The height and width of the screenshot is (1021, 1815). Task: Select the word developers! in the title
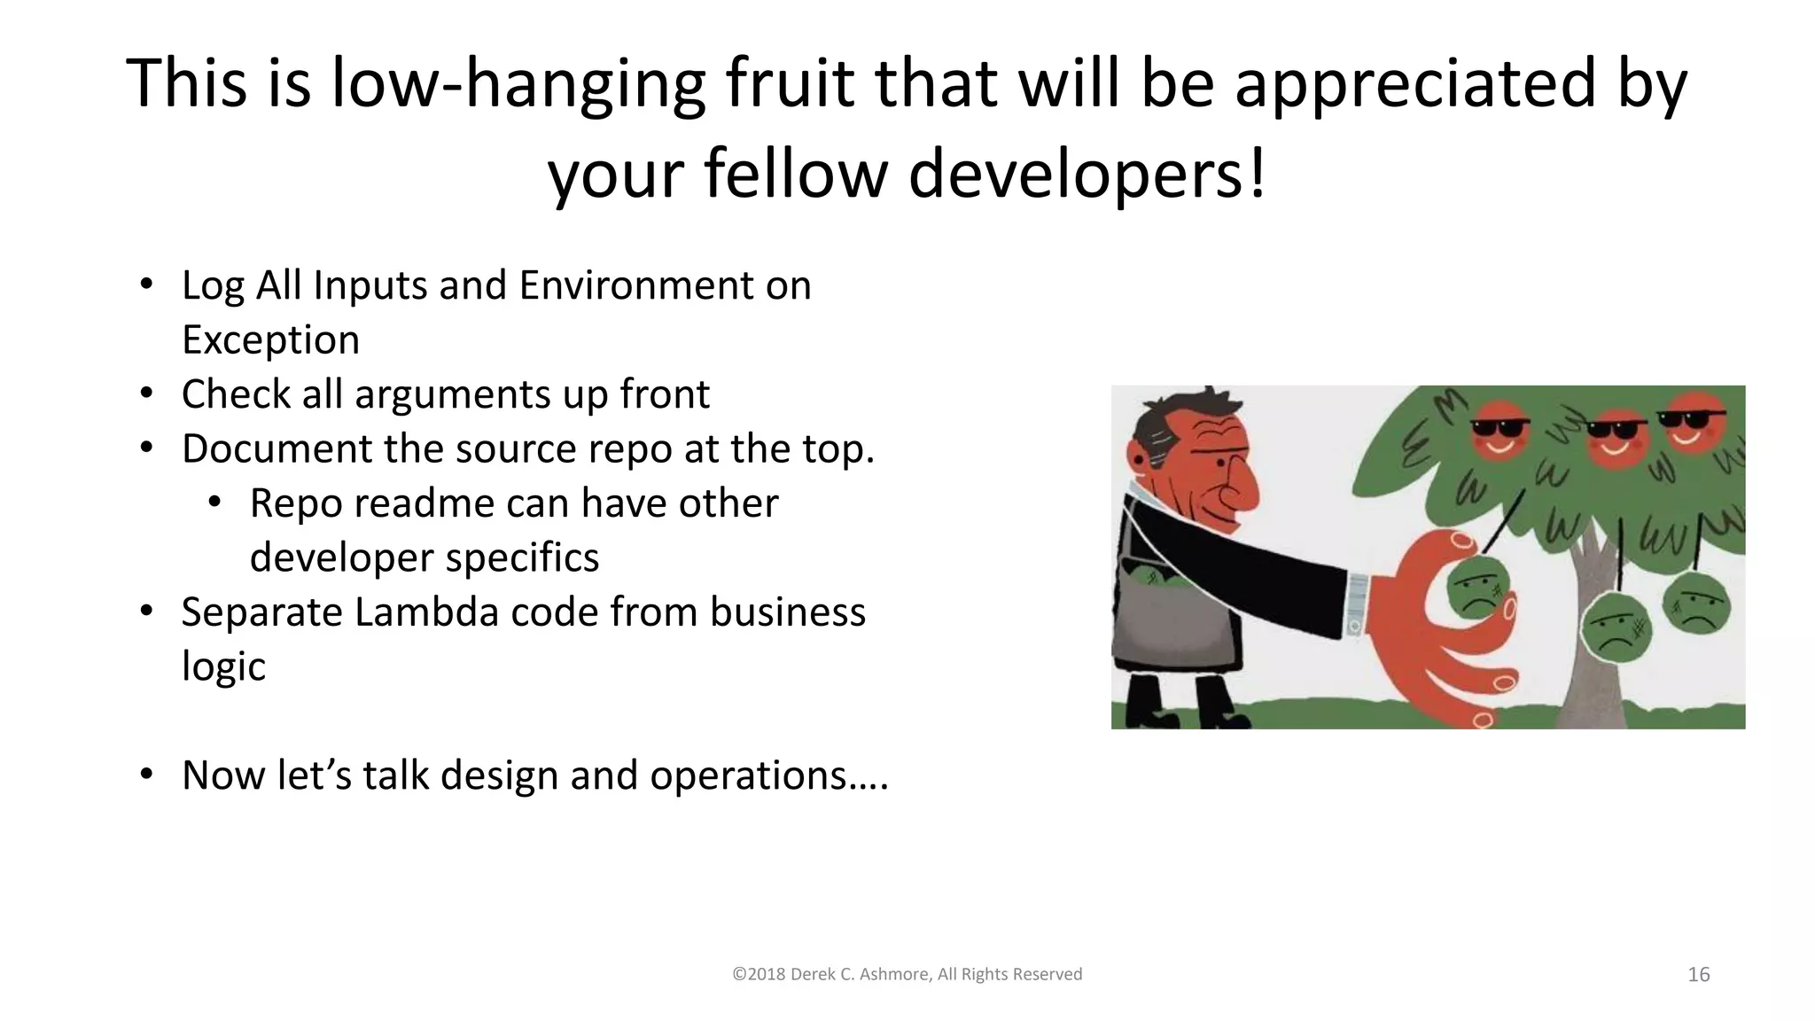coord(1087,174)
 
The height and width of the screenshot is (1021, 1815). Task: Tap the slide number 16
coord(1698,974)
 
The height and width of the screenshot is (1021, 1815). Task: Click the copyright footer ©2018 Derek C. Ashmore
coord(907,974)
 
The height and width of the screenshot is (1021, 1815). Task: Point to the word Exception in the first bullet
coord(270,339)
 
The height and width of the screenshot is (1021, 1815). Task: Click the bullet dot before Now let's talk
coord(147,775)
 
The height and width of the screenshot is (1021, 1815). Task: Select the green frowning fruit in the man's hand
coord(1475,588)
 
